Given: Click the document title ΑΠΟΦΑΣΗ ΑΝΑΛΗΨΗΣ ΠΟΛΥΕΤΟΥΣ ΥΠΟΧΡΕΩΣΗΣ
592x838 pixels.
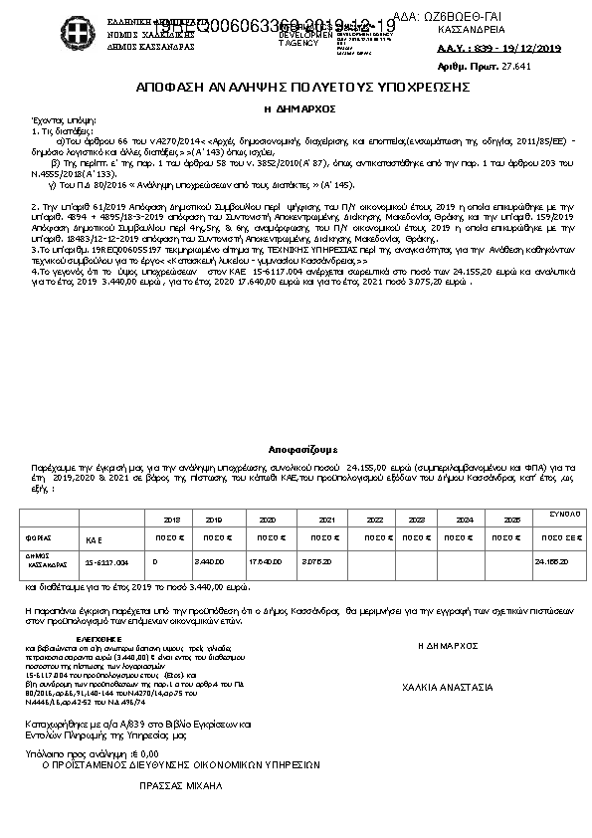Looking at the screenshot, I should pos(296,88).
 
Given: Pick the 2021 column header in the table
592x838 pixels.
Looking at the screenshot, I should pos(326,520).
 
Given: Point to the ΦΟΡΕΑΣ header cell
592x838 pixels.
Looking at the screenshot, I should pos(39,537).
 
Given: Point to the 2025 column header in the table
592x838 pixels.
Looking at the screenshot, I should pos(512,520).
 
